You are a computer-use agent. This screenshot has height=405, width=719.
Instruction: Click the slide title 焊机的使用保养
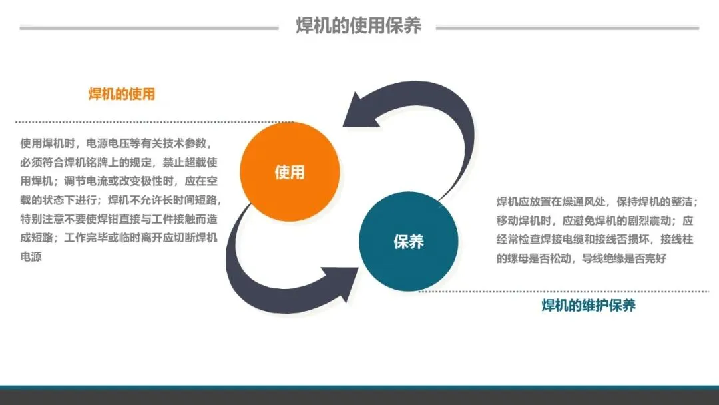coord(359,26)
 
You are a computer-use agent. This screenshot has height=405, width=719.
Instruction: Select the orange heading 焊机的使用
coord(122,94)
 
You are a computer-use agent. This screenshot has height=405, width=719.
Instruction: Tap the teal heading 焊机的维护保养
coord(589,306)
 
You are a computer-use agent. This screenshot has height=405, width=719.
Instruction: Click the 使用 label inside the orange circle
coord(290,172)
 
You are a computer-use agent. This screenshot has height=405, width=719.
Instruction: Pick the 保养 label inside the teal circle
coord(409,241)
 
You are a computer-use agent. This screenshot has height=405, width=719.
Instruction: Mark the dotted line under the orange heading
coord(153,122)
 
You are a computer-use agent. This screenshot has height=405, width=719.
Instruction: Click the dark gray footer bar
coord(359,397)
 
